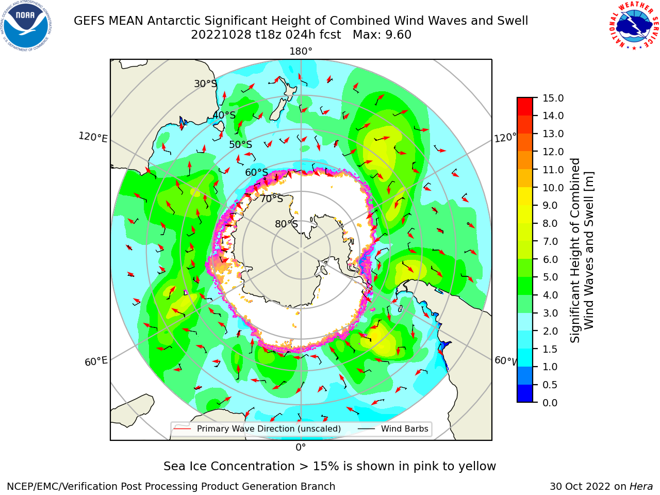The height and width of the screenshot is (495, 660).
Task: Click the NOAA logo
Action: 26,26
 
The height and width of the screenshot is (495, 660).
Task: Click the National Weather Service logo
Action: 633,26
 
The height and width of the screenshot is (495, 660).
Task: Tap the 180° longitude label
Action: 301,52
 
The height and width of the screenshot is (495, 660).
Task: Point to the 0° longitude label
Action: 301,448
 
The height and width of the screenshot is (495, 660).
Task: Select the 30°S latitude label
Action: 205,84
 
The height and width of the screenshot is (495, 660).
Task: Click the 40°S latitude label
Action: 224,115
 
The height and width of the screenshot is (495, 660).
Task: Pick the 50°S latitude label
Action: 241,144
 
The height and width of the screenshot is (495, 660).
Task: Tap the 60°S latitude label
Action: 256,173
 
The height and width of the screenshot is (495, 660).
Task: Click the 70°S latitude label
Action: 272,199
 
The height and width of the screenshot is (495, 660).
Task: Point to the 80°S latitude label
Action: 286,224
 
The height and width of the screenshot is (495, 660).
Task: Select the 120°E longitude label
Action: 93,137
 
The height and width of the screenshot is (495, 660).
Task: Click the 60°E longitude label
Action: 96,361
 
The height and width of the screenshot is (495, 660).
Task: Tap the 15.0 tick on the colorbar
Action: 553,98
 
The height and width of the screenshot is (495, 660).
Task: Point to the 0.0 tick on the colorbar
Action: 550,403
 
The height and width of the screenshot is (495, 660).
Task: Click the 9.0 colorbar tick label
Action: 550,206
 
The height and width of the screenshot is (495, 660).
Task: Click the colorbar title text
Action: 582,250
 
